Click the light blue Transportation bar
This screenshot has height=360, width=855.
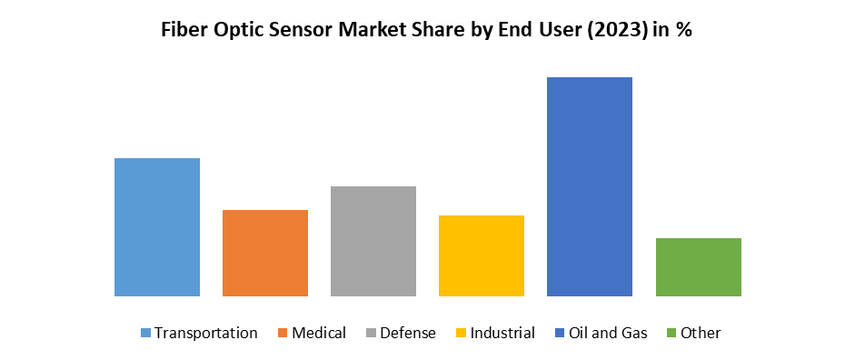coord(157,227)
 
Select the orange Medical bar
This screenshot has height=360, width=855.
coord(265,253)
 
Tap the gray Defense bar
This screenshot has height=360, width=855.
coord(373,241)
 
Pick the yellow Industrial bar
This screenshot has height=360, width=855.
coord(482,255)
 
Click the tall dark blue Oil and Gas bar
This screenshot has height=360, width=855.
coord(590,186)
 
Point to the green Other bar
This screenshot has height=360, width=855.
coord(698,266)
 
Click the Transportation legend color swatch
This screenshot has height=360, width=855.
coord(145,334)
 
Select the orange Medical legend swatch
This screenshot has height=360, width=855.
coord(283,334)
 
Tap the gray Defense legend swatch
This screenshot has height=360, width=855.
coord(371,334)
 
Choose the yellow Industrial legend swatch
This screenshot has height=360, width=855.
coord(461,334)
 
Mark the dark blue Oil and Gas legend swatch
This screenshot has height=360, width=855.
coord(560,334)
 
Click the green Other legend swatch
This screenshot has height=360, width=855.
coord(671,334)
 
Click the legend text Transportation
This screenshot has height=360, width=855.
coord(206,333)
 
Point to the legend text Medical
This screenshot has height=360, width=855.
coord(319,333)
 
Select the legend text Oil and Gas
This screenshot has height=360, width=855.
coord(608,333)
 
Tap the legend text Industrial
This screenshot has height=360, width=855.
coord(502,333)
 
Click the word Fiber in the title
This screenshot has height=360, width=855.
coord(184,29)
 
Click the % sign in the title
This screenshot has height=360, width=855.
coord(684,29)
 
